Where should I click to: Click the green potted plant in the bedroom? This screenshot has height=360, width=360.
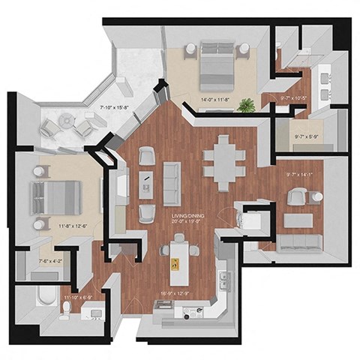[x=245, y=105]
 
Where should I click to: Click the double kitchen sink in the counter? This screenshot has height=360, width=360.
[x=223, y=280]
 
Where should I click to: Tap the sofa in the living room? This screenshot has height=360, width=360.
[x=172, y=178]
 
